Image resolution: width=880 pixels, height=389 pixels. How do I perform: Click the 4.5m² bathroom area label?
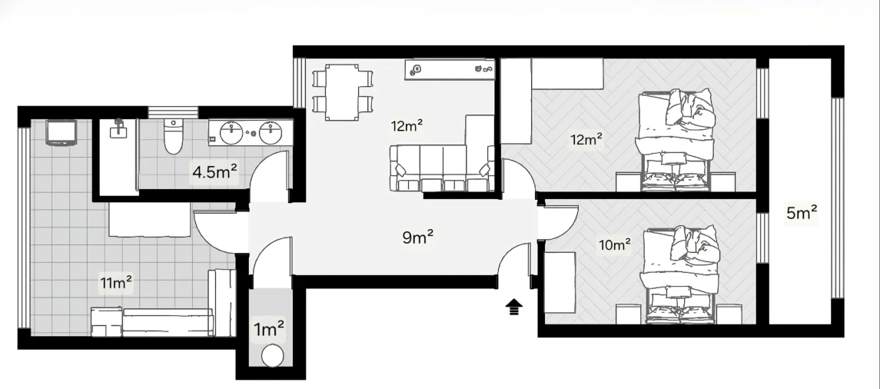pyautogui.click(x=214, y=172)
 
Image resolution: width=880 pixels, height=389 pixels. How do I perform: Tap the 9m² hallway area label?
pyautogui.click(x=418, y=237)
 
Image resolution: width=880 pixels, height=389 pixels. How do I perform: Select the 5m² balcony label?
pyautogui.click(x=801, y=213)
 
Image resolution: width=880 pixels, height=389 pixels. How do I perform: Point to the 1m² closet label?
pyautogui.click(x=270, y=330)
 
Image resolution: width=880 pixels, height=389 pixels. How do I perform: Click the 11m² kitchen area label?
pyautogui.click(x=116, y=283)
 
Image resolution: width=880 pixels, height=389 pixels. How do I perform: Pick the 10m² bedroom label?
pyautogui.click(x=615, y=245)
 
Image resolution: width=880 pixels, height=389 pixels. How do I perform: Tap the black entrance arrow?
pyautogui.click(x=513, y=308)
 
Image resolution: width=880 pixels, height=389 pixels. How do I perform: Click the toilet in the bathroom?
pyautogui.click(x=174, y=136)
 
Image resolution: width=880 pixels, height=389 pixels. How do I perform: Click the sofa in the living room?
pyautogui.click(x=442, y=168)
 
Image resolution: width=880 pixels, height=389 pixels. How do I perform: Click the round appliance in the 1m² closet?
pyautogui.click(x=271, y=356)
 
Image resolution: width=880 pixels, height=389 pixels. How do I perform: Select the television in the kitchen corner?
pyautogui.click(x=61, y=133)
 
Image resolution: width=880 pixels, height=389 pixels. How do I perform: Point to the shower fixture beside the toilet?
pyautogui.click(x=118, y=131)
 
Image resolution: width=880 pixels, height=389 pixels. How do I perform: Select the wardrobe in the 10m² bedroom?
pyautogui.click(x=560, y=281)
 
